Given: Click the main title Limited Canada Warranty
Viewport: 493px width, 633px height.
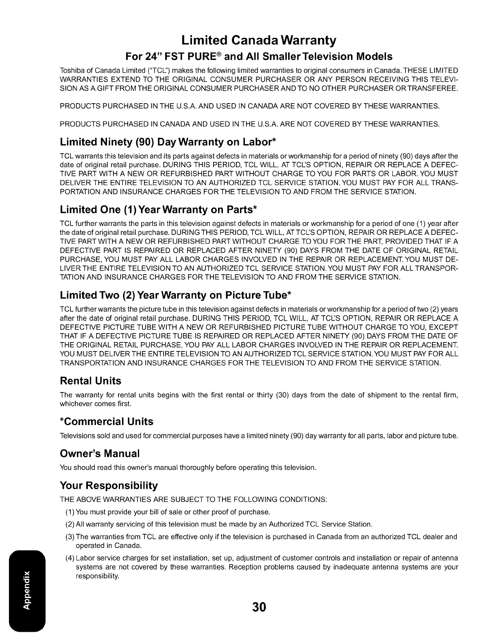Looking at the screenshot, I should coord(259,40).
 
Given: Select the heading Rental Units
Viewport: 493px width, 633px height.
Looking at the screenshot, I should coord(90,381).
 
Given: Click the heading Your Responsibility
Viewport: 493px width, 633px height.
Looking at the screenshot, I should coord(109,486).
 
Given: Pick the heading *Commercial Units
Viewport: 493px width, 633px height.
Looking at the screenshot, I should coord(106,421).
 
